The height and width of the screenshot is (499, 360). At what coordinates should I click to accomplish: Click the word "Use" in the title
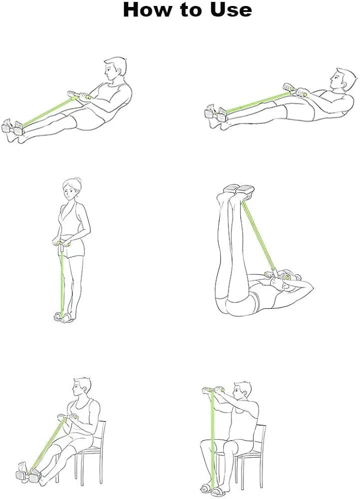coord(231,9)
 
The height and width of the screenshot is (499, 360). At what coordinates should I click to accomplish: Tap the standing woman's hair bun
coord(77,181)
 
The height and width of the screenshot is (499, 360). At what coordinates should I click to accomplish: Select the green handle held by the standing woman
coord(63,245)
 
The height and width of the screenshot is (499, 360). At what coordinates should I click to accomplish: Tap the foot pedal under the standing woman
coord(63,317)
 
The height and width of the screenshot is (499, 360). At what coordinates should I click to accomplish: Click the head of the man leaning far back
coord(344,79)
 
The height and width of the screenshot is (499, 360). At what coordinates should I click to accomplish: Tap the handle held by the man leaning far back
coord(295,90)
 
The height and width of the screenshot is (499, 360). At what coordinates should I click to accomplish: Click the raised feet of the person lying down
coord(239,189)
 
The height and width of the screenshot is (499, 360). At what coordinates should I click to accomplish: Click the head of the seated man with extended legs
coord(82,389)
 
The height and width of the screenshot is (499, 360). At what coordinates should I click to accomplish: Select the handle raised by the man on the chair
coord(214,390)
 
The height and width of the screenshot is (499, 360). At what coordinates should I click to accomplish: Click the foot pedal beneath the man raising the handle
coord(212,488)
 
